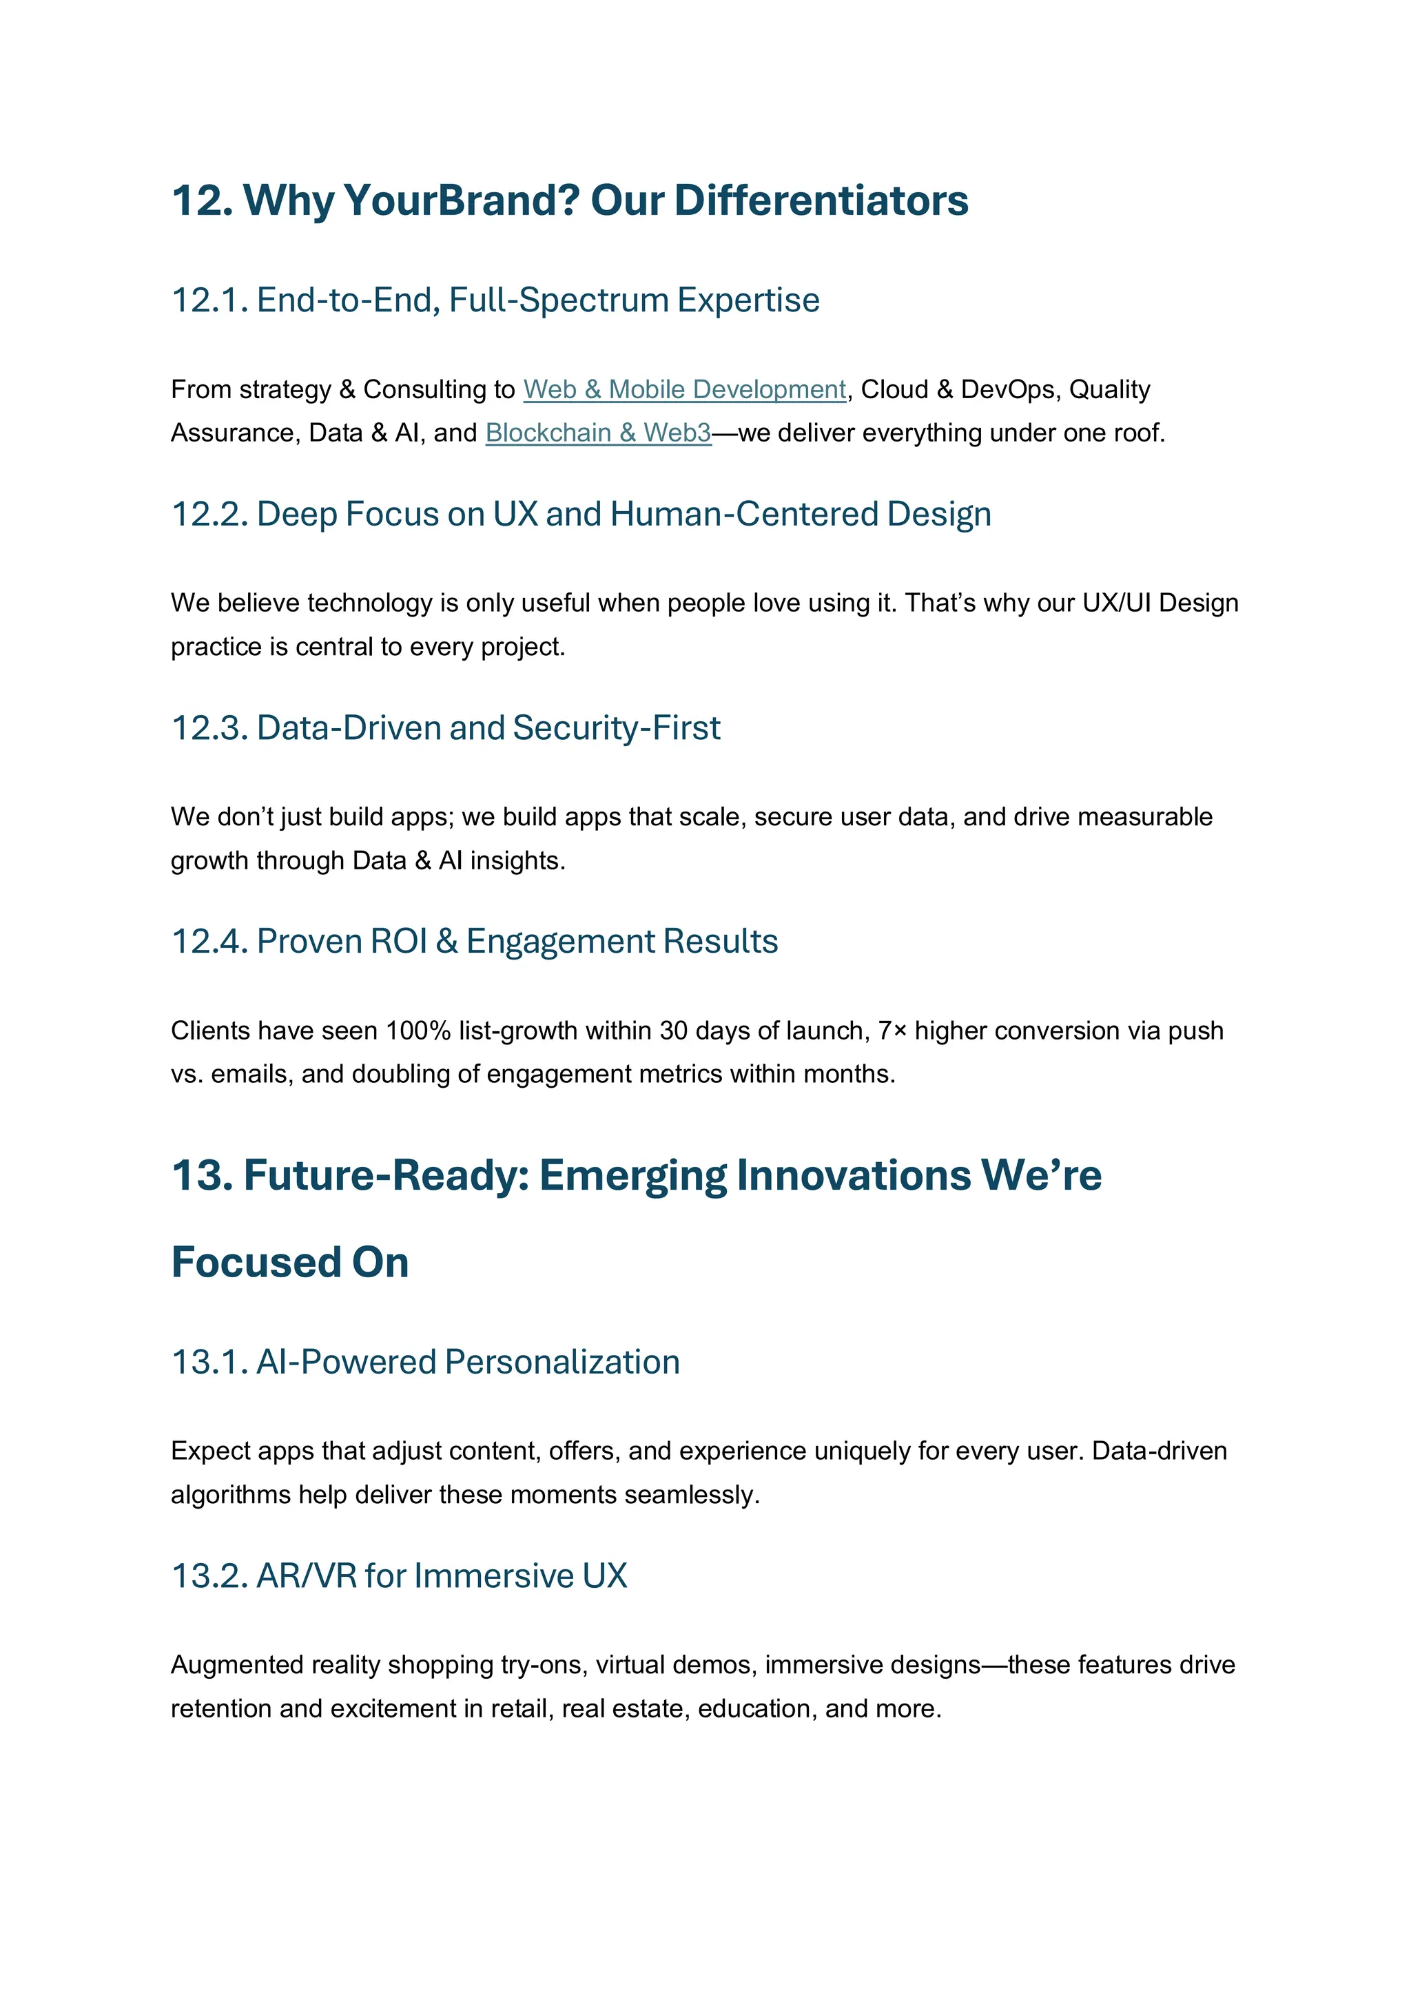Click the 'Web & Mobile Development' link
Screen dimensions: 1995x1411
(685, 389)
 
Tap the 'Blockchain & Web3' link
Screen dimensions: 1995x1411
(598, 433)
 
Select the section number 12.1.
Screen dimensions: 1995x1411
(209, 300)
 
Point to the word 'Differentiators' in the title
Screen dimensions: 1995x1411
(821, 200)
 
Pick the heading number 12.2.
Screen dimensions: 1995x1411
(209, 515)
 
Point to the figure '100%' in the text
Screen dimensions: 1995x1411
(418, 1031)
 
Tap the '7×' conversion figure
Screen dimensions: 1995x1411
(892, 1031)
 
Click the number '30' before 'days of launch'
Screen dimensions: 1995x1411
(673, 1031)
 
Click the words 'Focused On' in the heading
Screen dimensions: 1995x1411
(290, 1263)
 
